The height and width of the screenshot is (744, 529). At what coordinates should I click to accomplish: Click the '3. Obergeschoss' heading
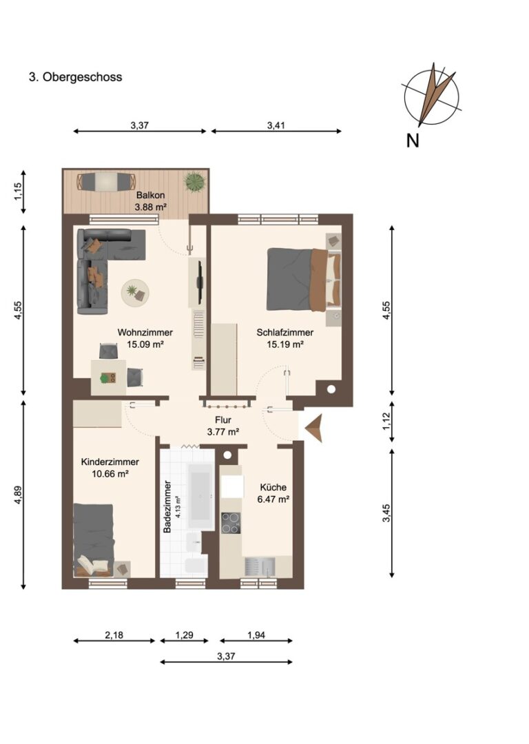(x=76, y=77)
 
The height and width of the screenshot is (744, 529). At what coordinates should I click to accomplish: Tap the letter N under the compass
(x=413, y=141)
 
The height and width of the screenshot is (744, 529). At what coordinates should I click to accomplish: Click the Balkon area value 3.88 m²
(x=150, y=207)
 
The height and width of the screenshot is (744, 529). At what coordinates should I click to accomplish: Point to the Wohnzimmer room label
(x=145, y=333)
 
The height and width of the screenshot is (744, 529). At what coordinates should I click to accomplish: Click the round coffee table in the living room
(x=135, y=293)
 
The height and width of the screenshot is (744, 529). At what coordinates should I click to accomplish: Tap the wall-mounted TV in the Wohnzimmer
(x=200, y=282)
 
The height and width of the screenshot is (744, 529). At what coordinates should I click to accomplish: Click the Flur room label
(x=223, y=420)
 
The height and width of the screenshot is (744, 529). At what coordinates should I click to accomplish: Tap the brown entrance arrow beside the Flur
(x=314, y=428)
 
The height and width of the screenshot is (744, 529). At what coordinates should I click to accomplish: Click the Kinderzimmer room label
(x=110, y=462)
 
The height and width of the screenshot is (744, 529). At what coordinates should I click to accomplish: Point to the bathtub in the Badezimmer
(x=200, y=497)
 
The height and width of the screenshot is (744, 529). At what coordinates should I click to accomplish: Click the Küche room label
(x=273, y=487)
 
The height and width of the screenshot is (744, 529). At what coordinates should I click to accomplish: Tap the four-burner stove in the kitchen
(x=231, y=523)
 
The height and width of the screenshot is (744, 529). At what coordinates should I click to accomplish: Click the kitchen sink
(x=260, y=566)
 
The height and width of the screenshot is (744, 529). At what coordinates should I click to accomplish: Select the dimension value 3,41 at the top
(x=276, y=125)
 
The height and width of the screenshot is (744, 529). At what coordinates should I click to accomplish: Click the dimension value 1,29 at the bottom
(x=184, y=635)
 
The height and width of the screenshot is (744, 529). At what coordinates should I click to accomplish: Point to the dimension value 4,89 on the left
(x=18, y=495)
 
